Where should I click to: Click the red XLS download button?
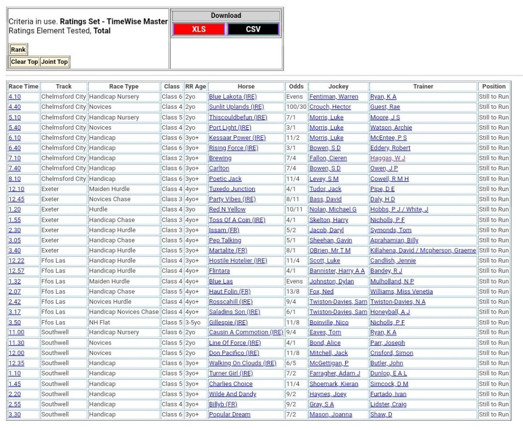pyautogui.click(x=199, y=29)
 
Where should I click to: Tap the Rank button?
pyautogui.click(x=18, y=50)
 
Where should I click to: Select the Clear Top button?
pyautogui.click(x=25, y=62)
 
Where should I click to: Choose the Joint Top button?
pyautogui.click(x=55, y=62)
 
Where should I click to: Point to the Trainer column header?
pyautogui.click(x=423, y=86)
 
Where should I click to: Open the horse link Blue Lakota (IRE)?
pyautogui.click(x=232, y=97)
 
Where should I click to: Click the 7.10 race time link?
pyautogui.click(x=15, y=158)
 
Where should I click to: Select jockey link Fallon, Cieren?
pyautogui.click(x=328, y=158)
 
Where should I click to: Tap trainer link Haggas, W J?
pyautogui.click(x=387, y=158)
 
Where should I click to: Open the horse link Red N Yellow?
pyautogui.click(x=227, y=209)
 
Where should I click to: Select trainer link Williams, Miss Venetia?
pyautogui.click(x=401, y=292)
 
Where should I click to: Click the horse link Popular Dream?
pyautogui.click(x=229, y=414)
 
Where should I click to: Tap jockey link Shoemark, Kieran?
pyautogui.click(x=334, y=384)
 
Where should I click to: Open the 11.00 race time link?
pyautogui.click(x=16, y=332)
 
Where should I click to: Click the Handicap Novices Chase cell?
pyautogui.click(x=124, y=312)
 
